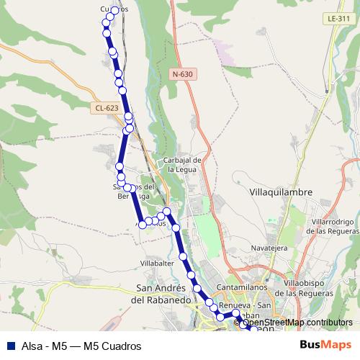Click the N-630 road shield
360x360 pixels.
(183, 74)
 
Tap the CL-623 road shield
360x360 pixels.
(106, 108)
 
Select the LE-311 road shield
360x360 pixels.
(335, 18)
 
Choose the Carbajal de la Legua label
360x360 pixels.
(181, 164)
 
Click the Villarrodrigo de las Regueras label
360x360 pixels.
(332, 226)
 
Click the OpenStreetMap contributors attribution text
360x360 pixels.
(297, 323)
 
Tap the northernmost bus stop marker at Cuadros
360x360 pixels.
(114, 10)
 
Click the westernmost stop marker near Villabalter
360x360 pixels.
(143, 225)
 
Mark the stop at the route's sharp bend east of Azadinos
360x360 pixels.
(166, 211)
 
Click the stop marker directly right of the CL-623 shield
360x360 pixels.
(128, 117)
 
